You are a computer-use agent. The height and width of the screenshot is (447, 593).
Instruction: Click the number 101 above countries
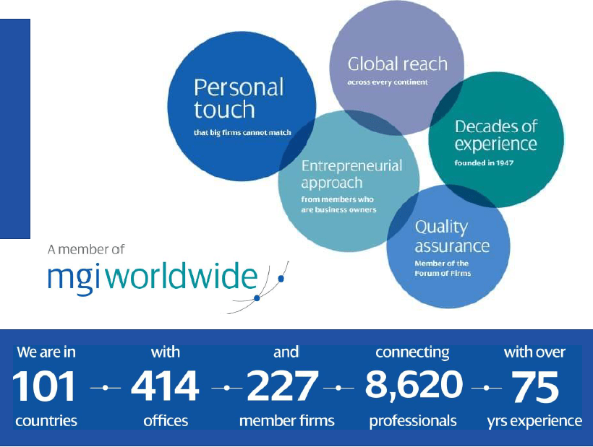[x=44, y=386]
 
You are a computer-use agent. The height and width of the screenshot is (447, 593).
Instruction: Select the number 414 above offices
[x=165, y=386]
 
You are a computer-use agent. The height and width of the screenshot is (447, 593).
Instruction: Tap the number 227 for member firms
[x=282, y=386]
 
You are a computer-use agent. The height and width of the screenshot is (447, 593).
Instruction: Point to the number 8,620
[x=414, y=386]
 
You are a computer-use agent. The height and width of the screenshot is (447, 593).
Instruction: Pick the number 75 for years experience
[x=534, y=386]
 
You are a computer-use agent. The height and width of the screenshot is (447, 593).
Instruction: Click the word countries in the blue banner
[x=46, y=420]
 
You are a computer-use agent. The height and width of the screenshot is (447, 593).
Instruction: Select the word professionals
[x=413, y=421]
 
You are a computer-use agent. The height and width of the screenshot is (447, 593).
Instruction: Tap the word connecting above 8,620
[x=412, y=353]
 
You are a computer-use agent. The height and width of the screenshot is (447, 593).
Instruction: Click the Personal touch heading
[x=238, y=98]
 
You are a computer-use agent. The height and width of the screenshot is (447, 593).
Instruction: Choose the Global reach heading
[x=398, y=64]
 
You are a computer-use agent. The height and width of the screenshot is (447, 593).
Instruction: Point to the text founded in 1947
[x=484, y=163]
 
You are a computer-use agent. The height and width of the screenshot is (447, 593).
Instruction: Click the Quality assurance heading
[x=452, y=237]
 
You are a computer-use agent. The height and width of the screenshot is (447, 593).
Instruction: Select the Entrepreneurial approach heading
[x=351, y=174]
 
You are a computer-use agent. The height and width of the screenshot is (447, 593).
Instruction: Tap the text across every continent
[x=388, y=82]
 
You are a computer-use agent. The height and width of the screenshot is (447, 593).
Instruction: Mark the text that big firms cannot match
[x=242, y=133]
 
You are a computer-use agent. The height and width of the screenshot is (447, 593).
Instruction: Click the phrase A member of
[x=86, y=250]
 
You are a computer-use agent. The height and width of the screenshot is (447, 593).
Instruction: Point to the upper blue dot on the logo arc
[x=281, y=279]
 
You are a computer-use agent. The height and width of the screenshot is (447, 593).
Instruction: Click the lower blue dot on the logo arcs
[x=257, y=298]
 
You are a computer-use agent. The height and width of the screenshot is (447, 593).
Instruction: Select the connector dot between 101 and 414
[x=105, y=388]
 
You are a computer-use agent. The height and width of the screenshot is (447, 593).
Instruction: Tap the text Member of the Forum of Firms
[x=443, y=269]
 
